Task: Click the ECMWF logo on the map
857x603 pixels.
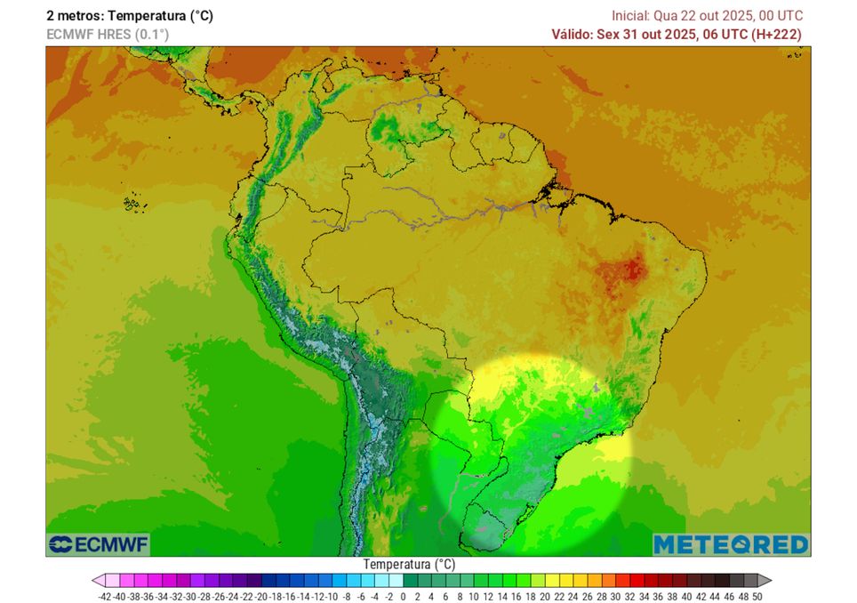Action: tap(99, 544)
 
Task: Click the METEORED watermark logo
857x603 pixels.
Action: tap(730, 544)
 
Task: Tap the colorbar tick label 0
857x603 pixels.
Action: tap(403, 596)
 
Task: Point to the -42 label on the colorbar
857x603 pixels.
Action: tap(105, 596)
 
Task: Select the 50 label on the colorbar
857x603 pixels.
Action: tap(757, 596)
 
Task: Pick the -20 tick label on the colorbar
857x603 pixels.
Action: tap(261, 596)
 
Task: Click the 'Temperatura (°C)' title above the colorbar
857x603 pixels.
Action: tap(409, 565)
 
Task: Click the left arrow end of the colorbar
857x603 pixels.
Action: tap(99, 580)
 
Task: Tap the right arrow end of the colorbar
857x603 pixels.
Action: tap(765, 580)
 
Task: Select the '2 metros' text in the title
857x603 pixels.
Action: tap(74, 16)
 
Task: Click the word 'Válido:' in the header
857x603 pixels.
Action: tap(575, 35)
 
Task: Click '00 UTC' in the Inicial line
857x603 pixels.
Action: tap(780, 16)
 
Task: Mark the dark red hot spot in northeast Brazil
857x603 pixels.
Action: tap(632, 268)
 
